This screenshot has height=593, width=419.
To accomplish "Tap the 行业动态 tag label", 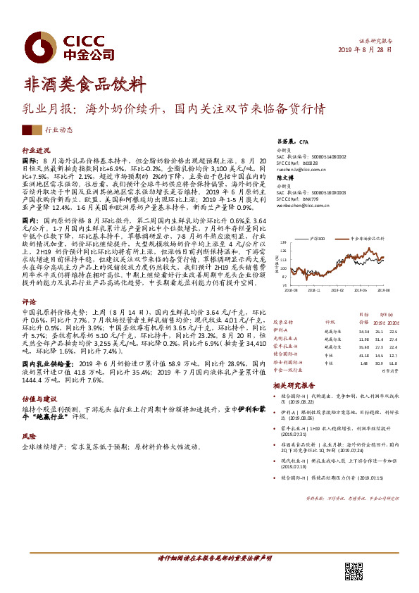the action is coord(58,130).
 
